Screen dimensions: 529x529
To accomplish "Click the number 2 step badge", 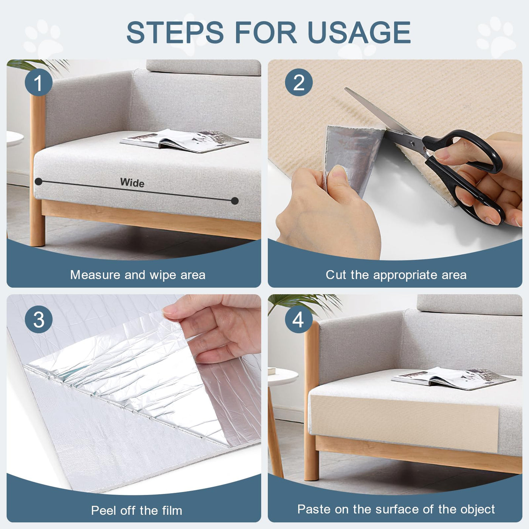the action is coord(299,82).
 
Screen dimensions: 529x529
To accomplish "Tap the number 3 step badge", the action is coord(39,319).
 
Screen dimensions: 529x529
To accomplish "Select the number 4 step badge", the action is coord(299,319).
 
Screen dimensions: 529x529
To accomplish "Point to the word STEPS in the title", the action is coord(175,32).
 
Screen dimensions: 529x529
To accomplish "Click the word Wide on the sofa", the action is coord(132,183).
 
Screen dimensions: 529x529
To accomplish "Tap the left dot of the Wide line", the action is coord(39,181).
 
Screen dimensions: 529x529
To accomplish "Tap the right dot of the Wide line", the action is coord(235,201).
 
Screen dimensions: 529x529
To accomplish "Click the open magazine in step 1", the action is coord(184,141).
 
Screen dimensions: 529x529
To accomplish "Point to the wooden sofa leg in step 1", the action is coord(37,170).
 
